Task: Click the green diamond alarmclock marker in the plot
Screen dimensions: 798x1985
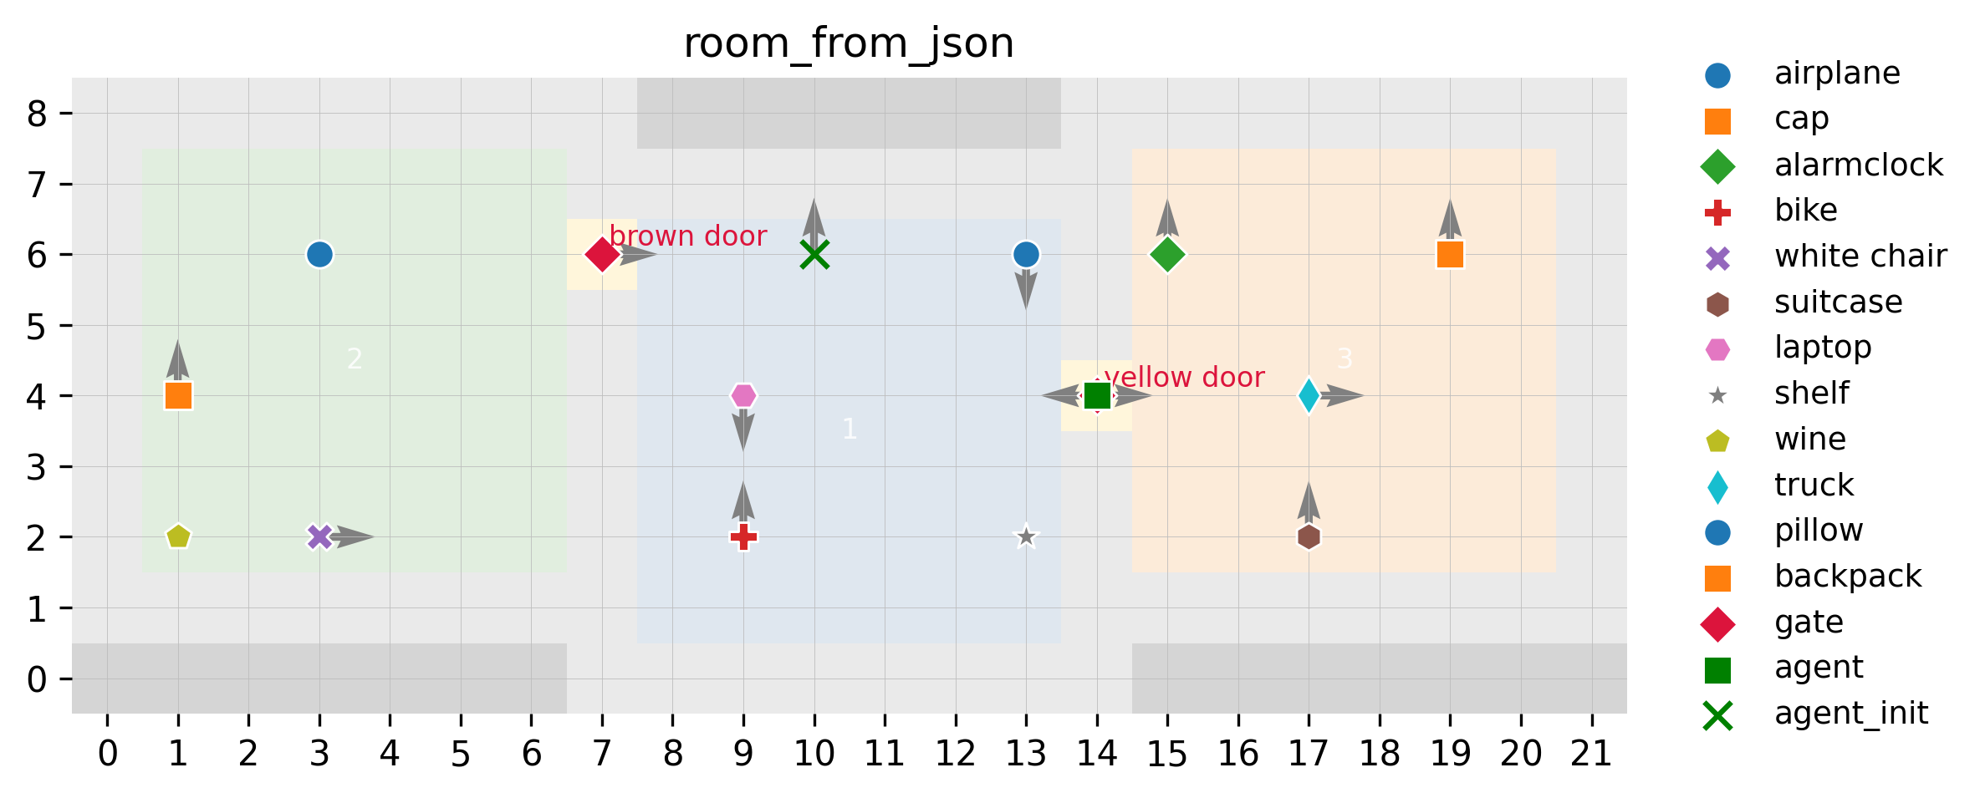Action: tap(1167, 254)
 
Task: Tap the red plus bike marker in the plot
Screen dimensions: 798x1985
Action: tap(743, 536)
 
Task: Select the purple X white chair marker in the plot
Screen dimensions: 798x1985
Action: tap(319, 536)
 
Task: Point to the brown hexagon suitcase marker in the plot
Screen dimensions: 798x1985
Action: tap(1309, 536)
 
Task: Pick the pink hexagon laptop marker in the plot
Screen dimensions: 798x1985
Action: tap(743, 395)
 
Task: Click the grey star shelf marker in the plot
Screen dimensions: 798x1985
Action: tap(1026, 536)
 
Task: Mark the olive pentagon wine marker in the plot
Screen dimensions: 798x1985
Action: tap(178, 536)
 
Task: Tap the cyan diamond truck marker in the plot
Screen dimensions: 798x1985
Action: tap(1309, 395)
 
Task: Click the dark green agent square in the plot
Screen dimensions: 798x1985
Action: tap(1097, 395)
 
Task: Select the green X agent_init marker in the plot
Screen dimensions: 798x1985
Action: tap(814, 254)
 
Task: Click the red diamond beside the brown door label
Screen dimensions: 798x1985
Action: tap(602, 254)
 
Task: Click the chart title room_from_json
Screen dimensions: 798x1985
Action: tap(849, 43)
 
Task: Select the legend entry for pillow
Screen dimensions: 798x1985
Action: tap(1819, 531)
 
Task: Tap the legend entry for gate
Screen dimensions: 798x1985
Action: tap(1809, 623)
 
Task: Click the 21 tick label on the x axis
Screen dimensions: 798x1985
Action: tap(1591, 755)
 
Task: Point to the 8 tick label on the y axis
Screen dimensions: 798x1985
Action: tap(37, 114)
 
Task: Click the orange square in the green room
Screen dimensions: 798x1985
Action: tap(178, 395)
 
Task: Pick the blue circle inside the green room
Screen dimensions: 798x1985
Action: tap(319, 254)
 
